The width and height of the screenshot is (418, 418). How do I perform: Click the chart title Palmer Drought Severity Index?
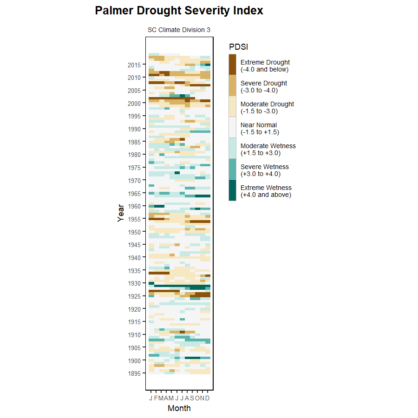tap(179, 11)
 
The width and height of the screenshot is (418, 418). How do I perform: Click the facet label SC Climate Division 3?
tap(179, 30)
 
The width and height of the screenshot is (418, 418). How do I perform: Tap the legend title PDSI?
tap(238, 47)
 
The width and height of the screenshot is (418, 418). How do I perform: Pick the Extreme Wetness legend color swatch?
tap(232, 190)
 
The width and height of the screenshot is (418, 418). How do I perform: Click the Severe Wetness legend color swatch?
tap(232, 169)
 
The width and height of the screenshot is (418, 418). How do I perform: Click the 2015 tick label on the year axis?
tap(134, 65)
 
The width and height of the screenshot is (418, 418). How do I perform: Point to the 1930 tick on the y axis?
tap(134, 283)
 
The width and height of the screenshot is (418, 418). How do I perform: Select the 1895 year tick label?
tap(134, 373)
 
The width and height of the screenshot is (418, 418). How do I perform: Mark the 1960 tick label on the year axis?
tap(134, 206)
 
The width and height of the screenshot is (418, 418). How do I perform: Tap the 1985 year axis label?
tap(134, 142)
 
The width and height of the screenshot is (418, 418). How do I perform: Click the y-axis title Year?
tap(121, 213)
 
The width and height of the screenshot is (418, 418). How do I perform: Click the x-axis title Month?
tap(179, 408)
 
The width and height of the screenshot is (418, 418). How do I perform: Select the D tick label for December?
tap(208, 398)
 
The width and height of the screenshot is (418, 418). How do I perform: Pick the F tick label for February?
tap(156, 398)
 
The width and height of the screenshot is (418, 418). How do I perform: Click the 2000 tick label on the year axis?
tap(134, 103)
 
